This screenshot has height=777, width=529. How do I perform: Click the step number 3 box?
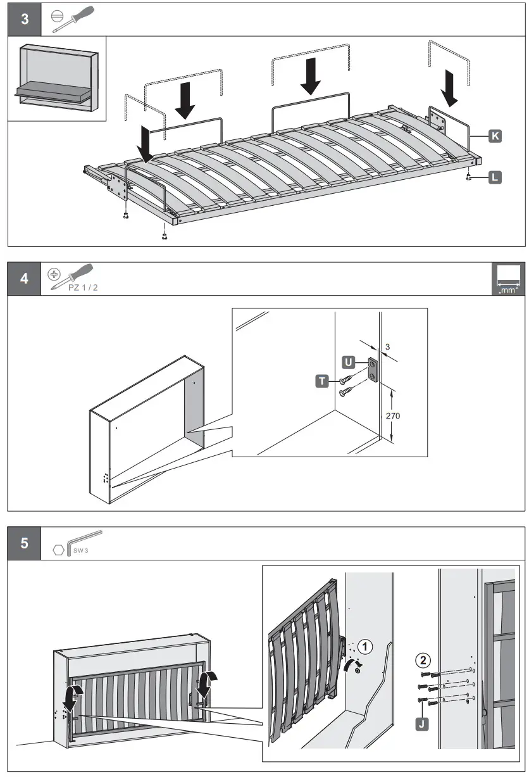click(x=24, y=19)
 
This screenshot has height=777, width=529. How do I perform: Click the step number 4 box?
click(x=24, y=279)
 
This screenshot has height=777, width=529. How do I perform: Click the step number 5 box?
click(x=24, y=543)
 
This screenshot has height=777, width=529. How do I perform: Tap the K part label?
click(x=494, y=136)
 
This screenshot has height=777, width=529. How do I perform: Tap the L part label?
click(x=494, y=178)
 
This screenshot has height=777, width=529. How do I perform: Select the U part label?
click(x=347, y=363)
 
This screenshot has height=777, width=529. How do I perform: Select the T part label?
click(x=322, y=380)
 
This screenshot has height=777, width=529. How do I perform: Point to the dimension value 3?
click(x=387, y=348)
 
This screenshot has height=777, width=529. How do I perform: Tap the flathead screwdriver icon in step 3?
click(x=73, y=19)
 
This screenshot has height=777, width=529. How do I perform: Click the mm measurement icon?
click(x=508, y=279)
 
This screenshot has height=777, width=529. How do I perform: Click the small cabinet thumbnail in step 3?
click(x=57, y=78)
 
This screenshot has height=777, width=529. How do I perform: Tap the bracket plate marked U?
click(x=373, y=370)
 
